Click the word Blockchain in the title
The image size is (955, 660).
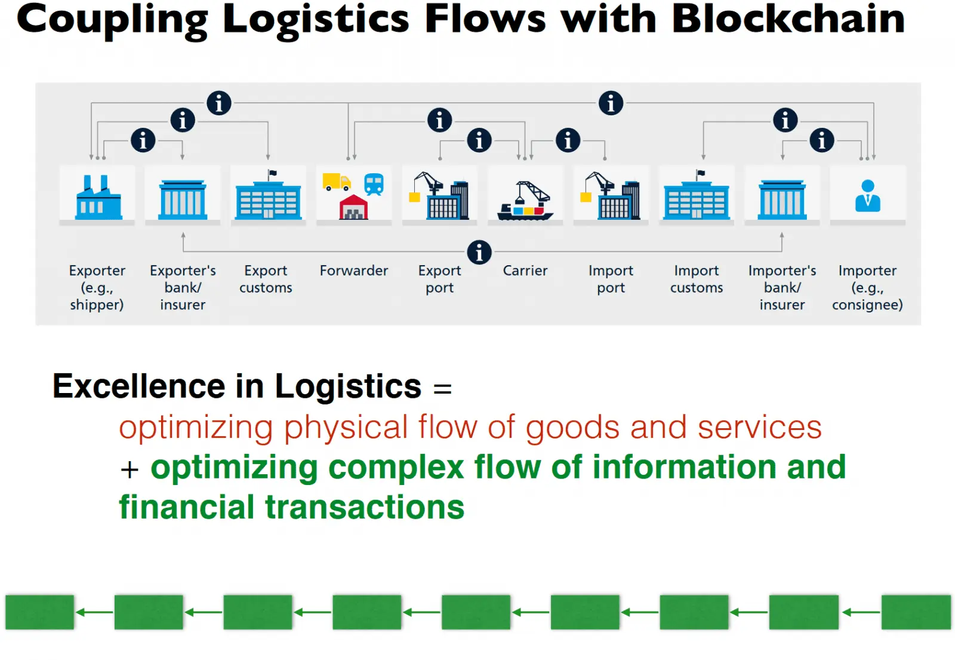(788, 19)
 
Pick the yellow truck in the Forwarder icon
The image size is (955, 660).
(336, 182)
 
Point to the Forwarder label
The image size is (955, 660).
(354, 271)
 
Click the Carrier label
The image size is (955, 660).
(525, 271)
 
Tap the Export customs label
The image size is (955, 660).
(266, 279)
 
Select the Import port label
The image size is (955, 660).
(611, 279)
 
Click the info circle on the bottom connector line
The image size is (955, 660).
(479, 252)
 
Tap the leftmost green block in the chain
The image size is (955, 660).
(39, 612)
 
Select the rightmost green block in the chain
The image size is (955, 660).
(916, 612)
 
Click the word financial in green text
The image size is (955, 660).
(186, 508)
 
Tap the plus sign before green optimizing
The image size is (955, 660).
(130, 469)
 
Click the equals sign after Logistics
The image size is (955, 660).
(442, 389)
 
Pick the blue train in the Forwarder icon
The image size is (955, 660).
(374, 184)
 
